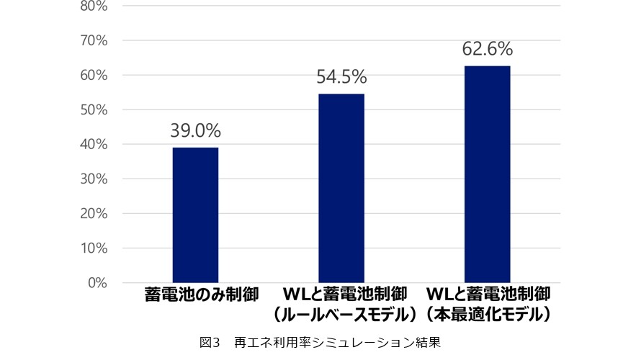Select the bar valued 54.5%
tap(341, 188)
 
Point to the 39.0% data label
tap(195, 131)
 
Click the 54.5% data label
tap(341, 77)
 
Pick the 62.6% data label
tap(488, 49)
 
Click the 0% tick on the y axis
tap(98, 283)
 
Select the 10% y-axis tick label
tap(94, 248)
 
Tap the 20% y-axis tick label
tap(94, 214)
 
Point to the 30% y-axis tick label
tap(94, 179)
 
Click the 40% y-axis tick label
tap(94, 145)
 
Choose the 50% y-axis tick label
tap(94, 110)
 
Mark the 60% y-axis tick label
tap(94, 76)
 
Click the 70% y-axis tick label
tap(94, 41)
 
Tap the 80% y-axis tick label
tap(94, 7)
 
